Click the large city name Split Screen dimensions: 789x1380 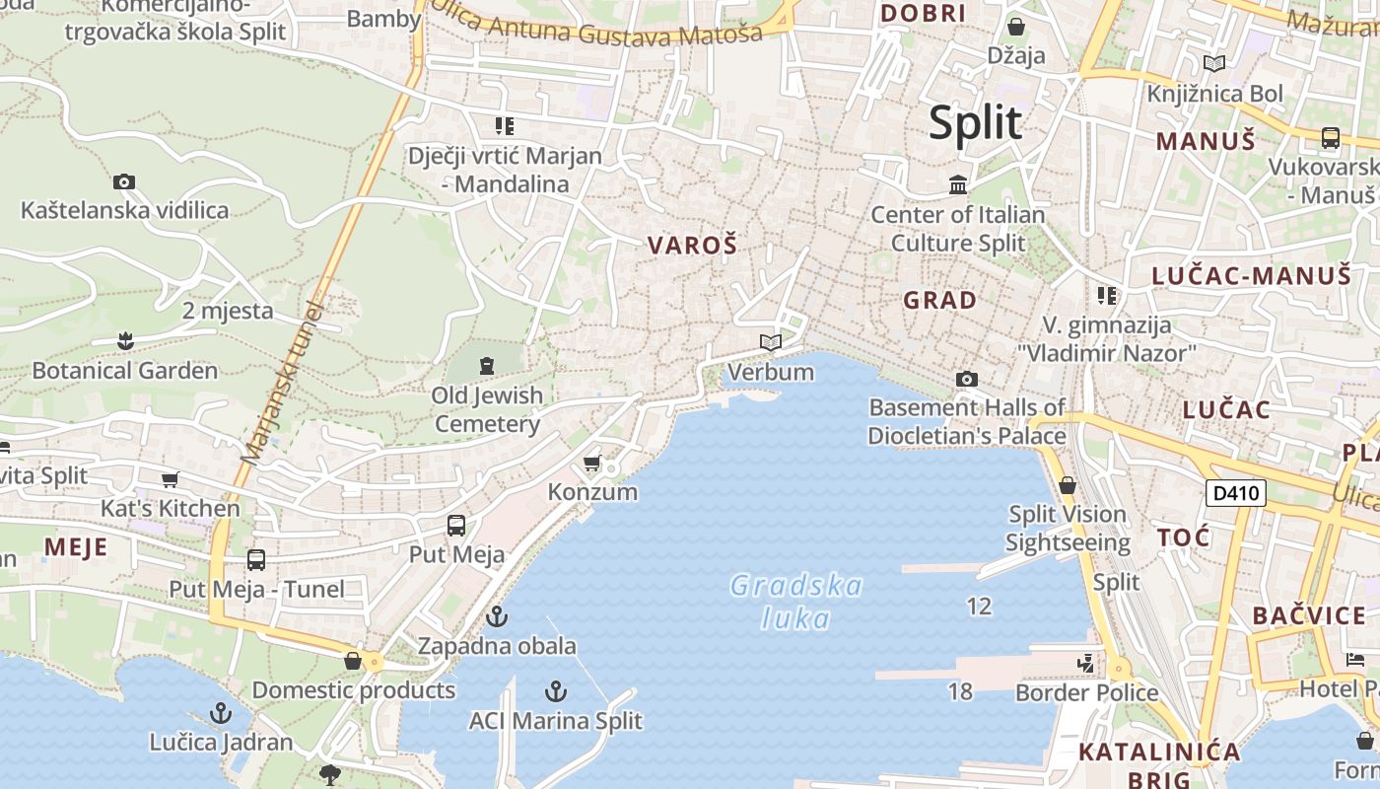point(975,123)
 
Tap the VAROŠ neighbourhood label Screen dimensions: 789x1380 point(692,246)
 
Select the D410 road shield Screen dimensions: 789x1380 point(1235,492)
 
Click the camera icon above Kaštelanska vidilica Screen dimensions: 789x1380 point(124,181)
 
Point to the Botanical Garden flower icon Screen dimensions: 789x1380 point(124,341)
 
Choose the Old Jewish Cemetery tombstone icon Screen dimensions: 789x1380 point(486,366)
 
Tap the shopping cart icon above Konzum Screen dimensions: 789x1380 point(591,463)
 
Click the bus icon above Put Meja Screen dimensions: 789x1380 point(456,525)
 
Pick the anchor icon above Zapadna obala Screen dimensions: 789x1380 point(497,617)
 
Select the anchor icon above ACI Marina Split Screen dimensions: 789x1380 point(556,691)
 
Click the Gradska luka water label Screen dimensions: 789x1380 point(796,602)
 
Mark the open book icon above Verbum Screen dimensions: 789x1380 point(771,342)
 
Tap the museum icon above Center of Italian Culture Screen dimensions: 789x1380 point(957,184)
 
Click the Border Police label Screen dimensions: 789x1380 point(1086,693)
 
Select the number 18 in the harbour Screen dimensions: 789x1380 point(960,691)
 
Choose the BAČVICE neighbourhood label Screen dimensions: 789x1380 point(1309,616)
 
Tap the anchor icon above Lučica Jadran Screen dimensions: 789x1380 point(221,712)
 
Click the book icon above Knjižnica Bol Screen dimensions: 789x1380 point(1214,64)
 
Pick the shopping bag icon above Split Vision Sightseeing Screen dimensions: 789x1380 point(1067,485)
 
